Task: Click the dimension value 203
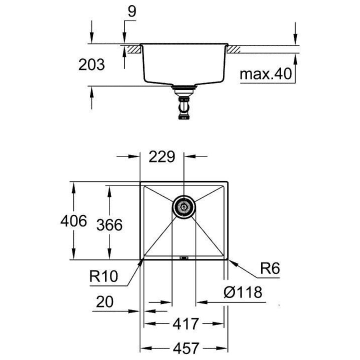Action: point(91,64)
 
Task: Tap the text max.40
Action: point(265,74)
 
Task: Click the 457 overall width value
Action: point(185,347)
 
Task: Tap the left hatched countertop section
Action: point(131,49)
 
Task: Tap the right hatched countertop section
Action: point(235,49)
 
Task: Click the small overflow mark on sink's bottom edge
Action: point(183,258)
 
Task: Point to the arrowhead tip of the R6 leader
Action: point(230,260)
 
